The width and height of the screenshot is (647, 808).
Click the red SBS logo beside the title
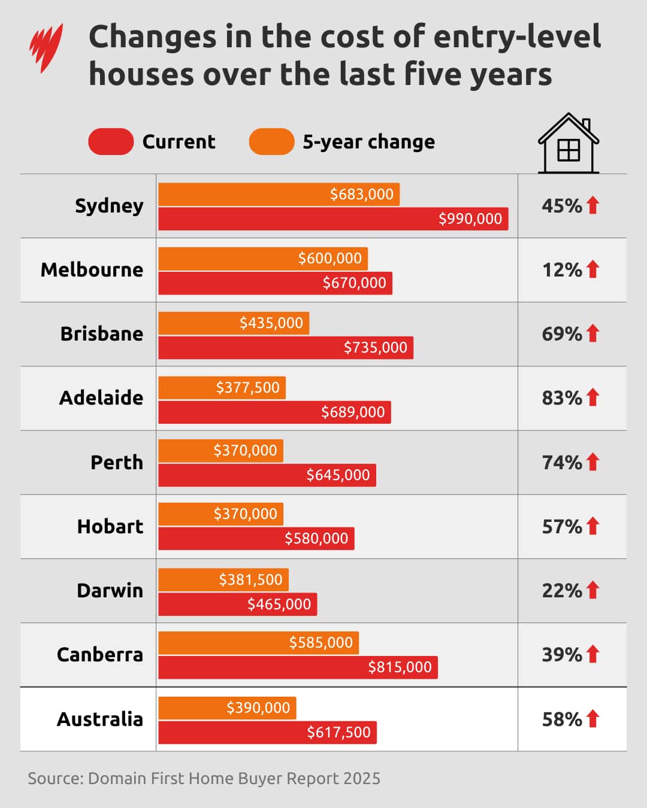pyautogui.click(x=46, y=48)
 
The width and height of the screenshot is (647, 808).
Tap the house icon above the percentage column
pyautogui.click(x=568, y=144)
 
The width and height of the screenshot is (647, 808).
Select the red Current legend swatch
pyautogui.click(x=111, y=142)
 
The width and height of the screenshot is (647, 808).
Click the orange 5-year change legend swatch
pyautogui.click(x=271, y=142)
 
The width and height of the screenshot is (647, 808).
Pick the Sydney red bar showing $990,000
pyautogui.click(x=333, y=219)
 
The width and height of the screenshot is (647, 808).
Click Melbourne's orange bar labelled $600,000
pyautogui.click(x=263, y=259)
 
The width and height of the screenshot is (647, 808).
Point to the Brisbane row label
pyautogui.click(x=101, y=334)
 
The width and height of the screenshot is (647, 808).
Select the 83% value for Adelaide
pyautogui.click(x=561, y=398)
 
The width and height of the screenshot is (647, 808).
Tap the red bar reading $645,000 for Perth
pyautogui.click(x=267, y=475)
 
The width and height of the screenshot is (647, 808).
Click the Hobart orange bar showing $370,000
pyautogui.click(x=220, y=514)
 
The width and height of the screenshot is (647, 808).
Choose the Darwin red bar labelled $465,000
pyautogui.click(x=237, y=605)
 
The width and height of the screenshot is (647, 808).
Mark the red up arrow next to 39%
pyautogui.click(x=593, y=654)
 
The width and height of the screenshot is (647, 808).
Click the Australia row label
pyautogui.click(x=99, y=719)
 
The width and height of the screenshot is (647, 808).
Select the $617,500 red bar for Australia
pyautogui.click(x=267, y=733)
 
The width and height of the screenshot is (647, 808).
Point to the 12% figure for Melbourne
pyautogui.click(x=561, y=270)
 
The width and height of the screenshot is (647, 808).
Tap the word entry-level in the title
pyautogui.click(x=516, y=37)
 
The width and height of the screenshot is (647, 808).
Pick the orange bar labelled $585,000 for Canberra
pyautogui.click(x=258, y=643)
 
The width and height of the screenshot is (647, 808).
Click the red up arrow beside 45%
pyautogui.click(x=593, y=205)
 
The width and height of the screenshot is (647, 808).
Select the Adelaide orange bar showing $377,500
pyautogui.click(x=222, y=388)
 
